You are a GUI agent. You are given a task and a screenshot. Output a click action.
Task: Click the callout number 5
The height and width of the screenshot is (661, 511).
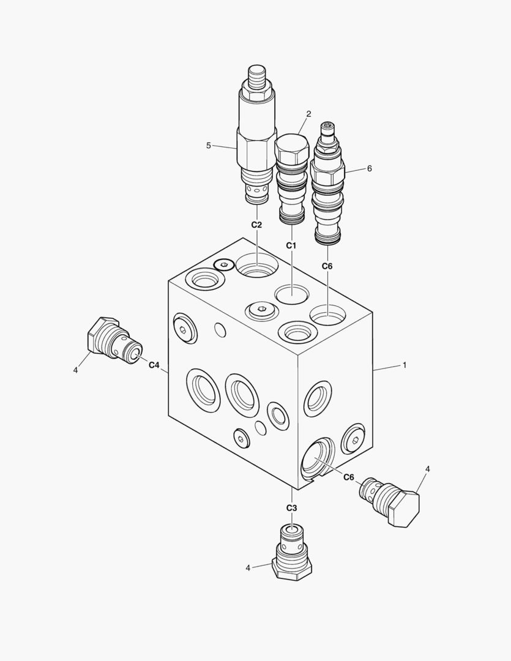tap(208, 146)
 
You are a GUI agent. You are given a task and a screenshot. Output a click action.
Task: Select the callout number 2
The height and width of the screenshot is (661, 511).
tap(308, 114)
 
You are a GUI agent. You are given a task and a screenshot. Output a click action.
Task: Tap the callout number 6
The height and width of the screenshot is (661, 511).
tap(369, 168)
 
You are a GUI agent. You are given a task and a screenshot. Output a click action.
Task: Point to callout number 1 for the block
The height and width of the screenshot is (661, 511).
tap(404, 365)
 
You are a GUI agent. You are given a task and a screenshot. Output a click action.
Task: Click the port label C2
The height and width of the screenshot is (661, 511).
tap(257, 225)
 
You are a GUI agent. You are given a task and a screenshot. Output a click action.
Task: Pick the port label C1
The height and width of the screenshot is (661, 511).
tap(291, 245)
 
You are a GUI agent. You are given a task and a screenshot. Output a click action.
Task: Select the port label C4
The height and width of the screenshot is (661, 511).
tap(154, 365)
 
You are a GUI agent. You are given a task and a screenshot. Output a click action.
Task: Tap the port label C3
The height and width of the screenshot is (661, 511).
tap(291, 508)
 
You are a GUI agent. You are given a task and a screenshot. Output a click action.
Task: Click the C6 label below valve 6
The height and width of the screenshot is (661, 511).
tap(327, 266)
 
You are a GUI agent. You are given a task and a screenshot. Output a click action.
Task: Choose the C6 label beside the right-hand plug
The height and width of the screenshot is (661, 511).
tap(349, 477)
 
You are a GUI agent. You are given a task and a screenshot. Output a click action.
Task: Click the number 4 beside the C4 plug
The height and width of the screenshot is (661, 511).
tap(75, 370)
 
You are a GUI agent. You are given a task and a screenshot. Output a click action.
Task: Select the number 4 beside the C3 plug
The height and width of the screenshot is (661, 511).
tap(248, 568)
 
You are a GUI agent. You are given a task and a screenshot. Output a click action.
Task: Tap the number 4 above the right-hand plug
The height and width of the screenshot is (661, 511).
tap(428, 469)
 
